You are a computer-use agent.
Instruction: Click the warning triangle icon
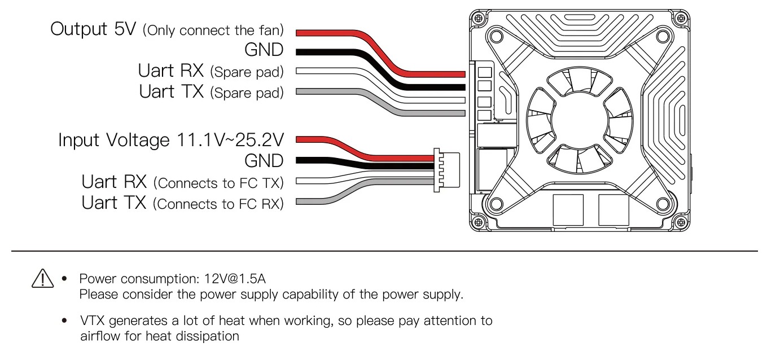pos(42,278)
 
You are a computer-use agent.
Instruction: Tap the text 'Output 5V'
pos(93,29)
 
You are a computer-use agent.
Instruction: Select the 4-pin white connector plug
pos(446,170)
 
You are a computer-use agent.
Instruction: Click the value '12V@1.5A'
pos(235,279)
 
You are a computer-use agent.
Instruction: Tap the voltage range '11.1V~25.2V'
pos(230,140)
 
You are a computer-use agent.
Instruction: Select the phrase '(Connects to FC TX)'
pos(218,183)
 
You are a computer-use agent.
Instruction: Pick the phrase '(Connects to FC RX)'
pos(218,204)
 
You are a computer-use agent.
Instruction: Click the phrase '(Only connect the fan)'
pos(213,30)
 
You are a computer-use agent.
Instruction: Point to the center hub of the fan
pos(580,120)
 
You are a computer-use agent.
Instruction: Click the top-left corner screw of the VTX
pos(479,18)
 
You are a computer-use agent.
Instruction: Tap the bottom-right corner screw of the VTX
pos(681,223)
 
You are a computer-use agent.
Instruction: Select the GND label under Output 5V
pos(264,50)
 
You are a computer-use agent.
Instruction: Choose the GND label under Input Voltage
pos(264,161)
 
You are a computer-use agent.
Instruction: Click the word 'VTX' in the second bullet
pos(92,321)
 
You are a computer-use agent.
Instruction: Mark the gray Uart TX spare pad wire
pos(380,103)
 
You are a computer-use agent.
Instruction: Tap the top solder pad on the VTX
pos(484,73)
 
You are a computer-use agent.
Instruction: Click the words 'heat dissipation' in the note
pos(192,336)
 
